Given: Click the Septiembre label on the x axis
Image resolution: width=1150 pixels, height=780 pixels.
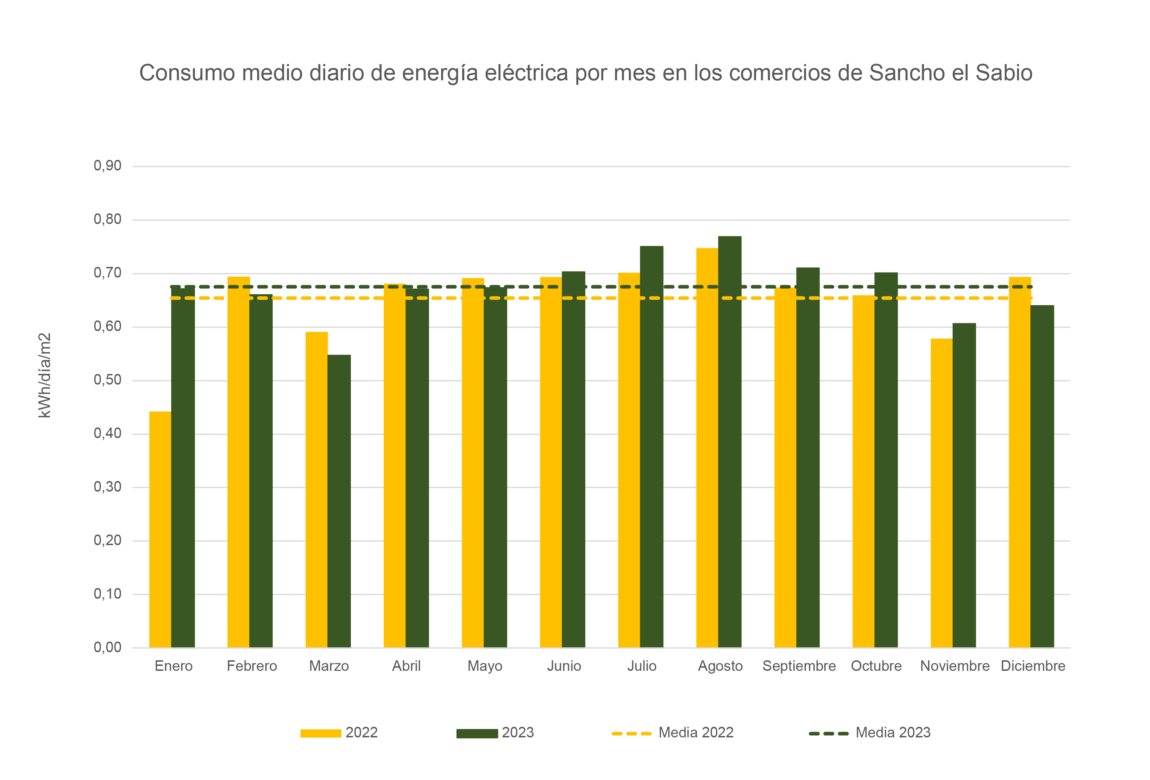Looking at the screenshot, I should pyautogui.click(x=799, y=666).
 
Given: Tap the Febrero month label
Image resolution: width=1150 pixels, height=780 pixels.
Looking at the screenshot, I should pyautogui.click(x=252, y=666).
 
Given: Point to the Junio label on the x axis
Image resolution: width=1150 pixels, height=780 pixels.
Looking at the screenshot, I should pyautogui.click(x=564, y=666).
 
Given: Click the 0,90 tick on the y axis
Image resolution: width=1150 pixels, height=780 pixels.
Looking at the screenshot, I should pyautogui.click(x=107, y=166).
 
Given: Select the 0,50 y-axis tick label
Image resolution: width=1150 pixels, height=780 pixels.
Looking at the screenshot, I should pyautogui.click(x=107, y=380).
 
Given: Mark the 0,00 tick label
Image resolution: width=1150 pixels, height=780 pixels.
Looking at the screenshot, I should pyautogui.click(x=107, y=647).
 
